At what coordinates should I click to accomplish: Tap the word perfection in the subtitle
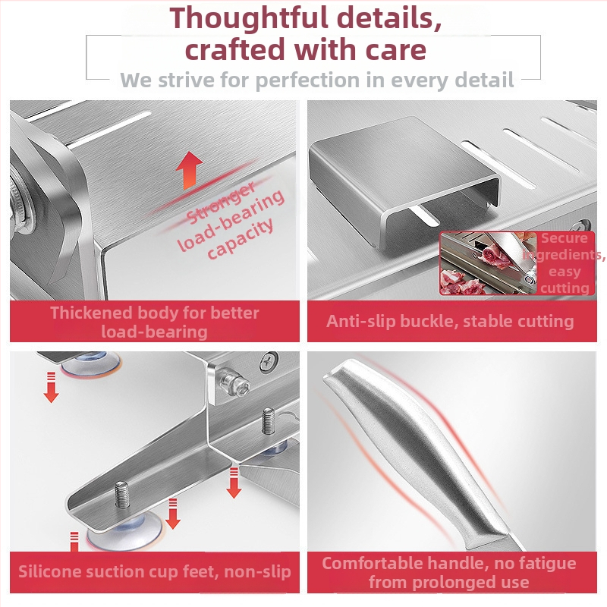(307, 80)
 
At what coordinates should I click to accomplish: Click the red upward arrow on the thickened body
(189, 170)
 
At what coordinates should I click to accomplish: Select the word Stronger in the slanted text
(221, 203)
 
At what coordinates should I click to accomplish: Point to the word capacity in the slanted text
(241, 238)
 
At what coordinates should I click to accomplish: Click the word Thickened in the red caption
(91, 313)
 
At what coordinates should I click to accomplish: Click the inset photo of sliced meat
(489, 263)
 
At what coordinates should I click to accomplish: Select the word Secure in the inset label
(565, 238)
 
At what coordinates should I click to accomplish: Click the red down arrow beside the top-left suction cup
(51, 387)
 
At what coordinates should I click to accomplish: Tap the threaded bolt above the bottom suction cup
(122, 495)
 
